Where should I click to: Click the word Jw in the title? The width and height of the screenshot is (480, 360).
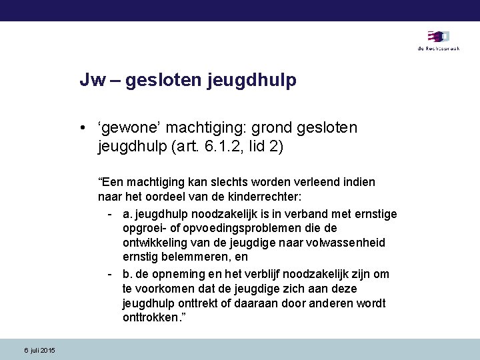[90, 81]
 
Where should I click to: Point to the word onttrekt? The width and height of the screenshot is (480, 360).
[198, 304]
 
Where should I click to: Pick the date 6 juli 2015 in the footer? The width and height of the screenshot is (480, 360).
[40, 351]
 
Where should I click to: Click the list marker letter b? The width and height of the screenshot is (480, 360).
[127, 274]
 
